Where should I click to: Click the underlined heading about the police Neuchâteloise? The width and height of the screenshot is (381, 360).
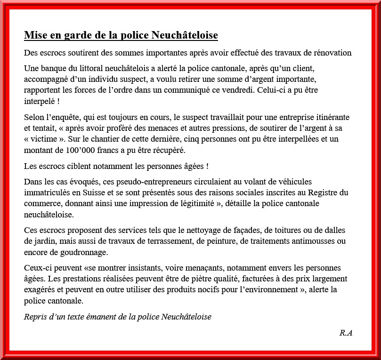[x=121, y=36]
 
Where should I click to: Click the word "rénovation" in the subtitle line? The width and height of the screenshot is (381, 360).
[x=333, y=52]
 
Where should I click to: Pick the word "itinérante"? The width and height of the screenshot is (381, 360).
[x=332, y=117]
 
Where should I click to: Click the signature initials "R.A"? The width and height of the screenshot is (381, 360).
[x=346, y=333]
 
